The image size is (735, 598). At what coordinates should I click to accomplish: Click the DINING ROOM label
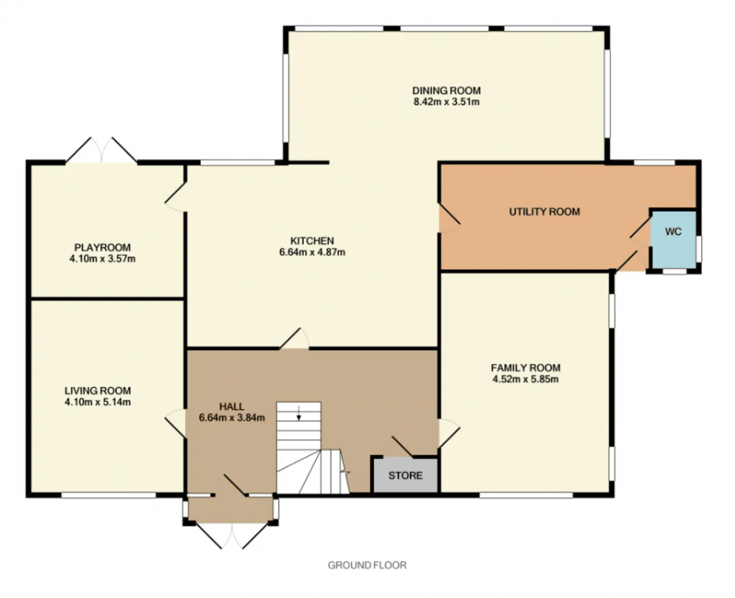447,90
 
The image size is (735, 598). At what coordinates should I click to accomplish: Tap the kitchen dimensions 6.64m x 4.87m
312,252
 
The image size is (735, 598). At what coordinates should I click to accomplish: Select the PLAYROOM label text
102,247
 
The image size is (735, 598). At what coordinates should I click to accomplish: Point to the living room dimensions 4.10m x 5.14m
98,402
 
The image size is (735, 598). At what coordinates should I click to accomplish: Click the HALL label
231,406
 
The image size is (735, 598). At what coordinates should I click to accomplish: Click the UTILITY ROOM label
544,211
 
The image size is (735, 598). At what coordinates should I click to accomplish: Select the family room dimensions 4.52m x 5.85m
525,379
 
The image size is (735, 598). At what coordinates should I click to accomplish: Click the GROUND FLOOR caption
367,565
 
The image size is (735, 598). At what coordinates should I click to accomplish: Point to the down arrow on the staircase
299,413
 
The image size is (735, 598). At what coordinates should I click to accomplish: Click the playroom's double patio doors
102,150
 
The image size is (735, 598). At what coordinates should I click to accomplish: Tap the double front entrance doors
232,536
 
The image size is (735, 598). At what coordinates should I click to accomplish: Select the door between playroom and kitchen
175,197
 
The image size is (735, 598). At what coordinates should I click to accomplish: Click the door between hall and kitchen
294,339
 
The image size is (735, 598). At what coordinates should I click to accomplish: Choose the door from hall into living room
175,423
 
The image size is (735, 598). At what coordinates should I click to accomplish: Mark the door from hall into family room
449,434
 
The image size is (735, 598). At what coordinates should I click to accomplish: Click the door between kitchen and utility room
449,218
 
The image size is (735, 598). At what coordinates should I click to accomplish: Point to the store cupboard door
403,447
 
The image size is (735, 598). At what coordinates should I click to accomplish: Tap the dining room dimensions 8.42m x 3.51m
447,102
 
